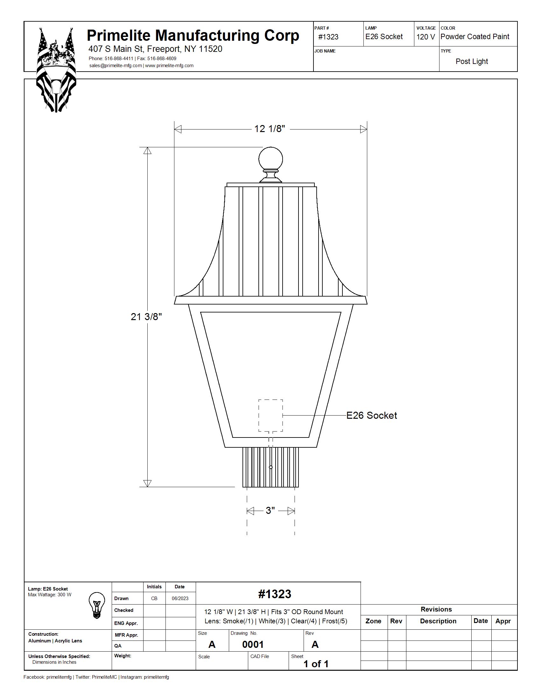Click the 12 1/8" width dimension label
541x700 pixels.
[270, 129]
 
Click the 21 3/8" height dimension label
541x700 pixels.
[146, 317]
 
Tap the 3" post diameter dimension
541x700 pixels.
[270, 510]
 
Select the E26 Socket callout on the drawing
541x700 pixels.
[371, 415]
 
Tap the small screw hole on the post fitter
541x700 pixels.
[271, 467]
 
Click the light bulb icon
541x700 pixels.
[97, 605]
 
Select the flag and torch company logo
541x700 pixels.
[56, 70]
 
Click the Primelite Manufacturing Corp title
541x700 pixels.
[193, 36]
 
